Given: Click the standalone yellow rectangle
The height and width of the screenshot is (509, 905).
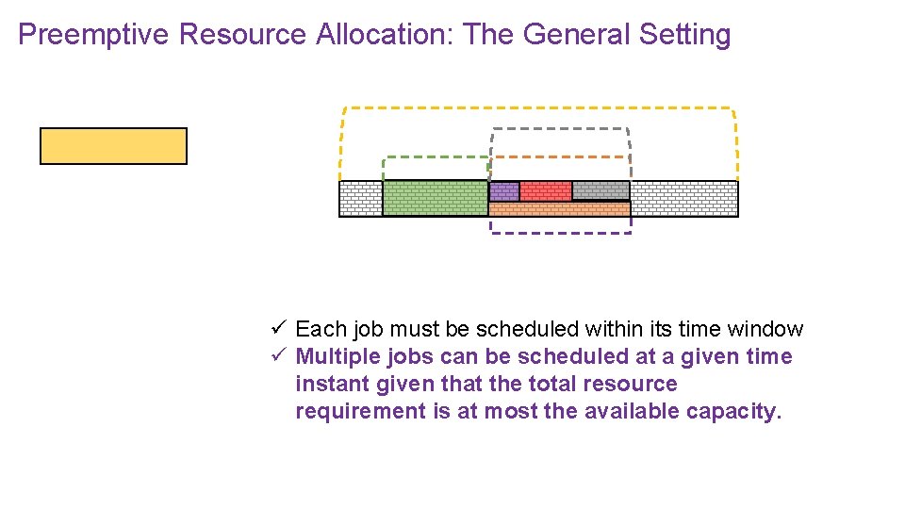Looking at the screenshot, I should point(113,146).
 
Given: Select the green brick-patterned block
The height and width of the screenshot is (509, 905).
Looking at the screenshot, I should point(435,198).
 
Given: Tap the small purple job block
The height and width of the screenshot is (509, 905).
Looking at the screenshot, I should point(503,191).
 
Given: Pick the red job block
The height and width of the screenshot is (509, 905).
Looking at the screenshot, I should point(545,191).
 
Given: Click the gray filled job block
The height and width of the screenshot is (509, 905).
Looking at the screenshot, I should point(601,191).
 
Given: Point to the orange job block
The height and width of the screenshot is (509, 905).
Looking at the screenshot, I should point(558,208).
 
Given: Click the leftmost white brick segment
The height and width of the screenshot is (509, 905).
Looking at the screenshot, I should point(360,198).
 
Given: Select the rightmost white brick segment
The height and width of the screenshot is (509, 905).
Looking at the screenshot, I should point(683,198).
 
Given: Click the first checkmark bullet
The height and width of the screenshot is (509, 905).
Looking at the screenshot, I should point(278,328).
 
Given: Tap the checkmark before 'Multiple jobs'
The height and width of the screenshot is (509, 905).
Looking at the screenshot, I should point(278,355).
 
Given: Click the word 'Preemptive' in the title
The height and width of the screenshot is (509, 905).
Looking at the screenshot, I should point(93,35).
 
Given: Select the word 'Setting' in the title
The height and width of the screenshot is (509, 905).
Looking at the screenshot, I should point(684,35).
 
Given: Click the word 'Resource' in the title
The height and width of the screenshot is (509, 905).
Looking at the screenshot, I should point(242,35).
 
